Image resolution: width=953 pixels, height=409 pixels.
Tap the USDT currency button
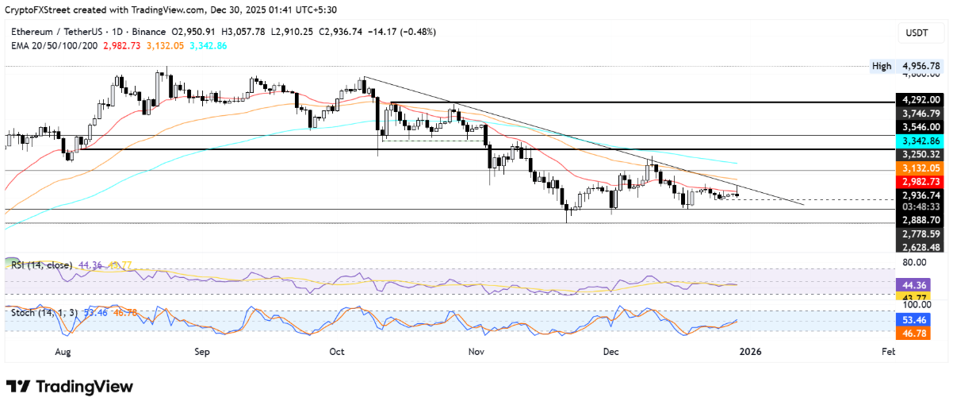tap(917, 33)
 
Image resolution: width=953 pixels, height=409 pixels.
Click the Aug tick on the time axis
tap(64, 350)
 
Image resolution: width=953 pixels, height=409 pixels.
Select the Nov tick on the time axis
tap(476, 350)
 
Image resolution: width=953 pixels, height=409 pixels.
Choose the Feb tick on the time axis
tap(889, 350)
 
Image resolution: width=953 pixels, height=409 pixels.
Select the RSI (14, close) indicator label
tap(40, 265)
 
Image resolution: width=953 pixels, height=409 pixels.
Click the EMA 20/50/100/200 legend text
tap(55, 45)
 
